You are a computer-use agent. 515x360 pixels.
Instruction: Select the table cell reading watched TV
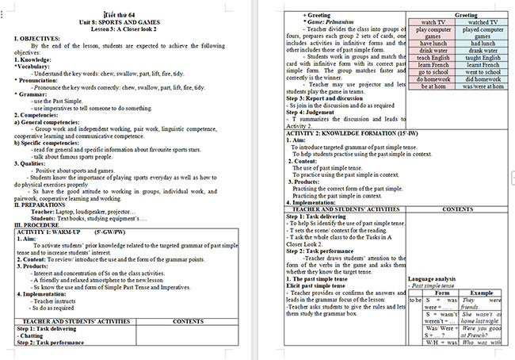coord(482,23)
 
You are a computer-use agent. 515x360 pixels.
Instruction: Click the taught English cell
coord(482,80)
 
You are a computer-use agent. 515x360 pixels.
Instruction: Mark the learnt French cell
coord(482,87)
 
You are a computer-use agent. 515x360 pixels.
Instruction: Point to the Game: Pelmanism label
coord(331,21)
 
